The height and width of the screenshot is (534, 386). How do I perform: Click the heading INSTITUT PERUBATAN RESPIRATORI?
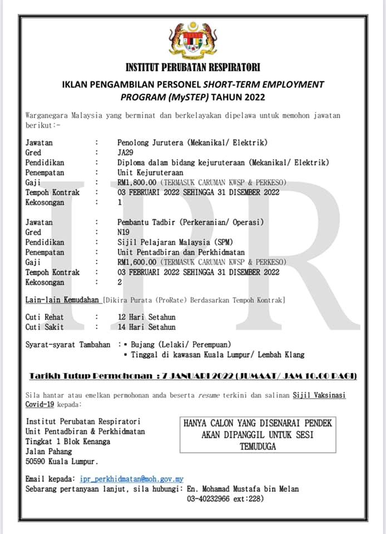click(192, 68)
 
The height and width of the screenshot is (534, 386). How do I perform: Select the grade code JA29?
click(126, 152)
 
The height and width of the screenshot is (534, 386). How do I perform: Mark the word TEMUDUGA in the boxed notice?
click(258, 447)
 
